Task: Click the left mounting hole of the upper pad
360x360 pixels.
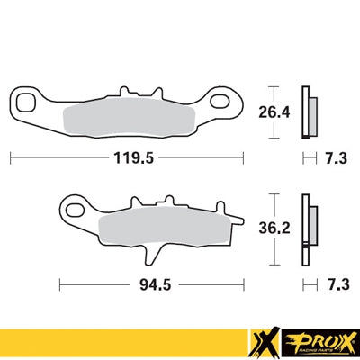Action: (x=28, y=99)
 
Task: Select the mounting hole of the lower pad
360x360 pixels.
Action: (x=71, y=211)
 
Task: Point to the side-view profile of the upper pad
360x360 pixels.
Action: (x=308, y=112)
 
